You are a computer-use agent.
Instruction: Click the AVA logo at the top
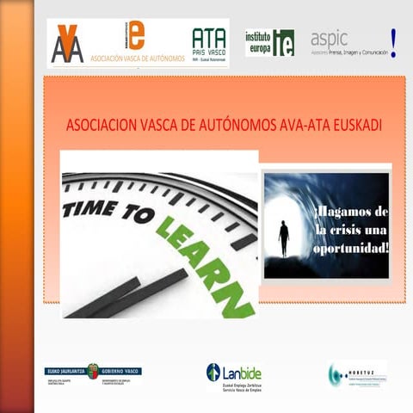point(68,44)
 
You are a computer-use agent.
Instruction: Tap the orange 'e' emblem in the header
point(137,35)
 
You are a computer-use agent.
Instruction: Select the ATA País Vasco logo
point(209,44)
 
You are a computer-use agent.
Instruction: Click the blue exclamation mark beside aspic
point(394,41)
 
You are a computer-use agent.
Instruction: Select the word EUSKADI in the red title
point(352,125)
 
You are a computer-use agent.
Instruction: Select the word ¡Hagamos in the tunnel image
point(353,212)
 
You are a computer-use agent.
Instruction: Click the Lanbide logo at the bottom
point(234,374)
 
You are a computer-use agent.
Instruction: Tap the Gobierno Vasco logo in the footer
point(95,373)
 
